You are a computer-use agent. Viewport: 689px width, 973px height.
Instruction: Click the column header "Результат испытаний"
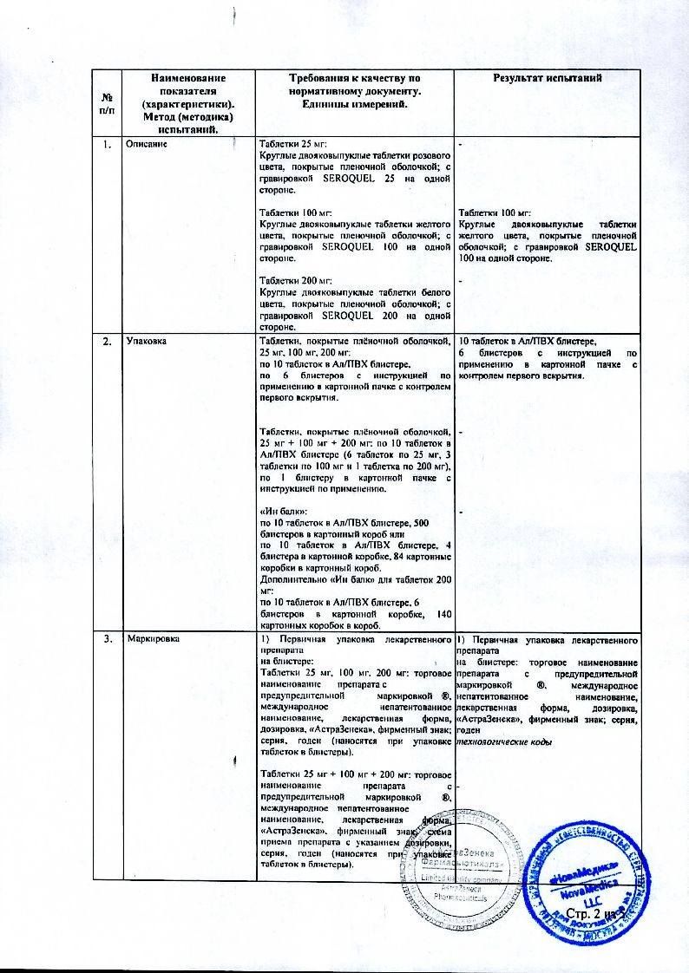(548, 79)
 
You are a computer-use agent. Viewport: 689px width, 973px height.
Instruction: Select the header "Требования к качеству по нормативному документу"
(354, 85)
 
